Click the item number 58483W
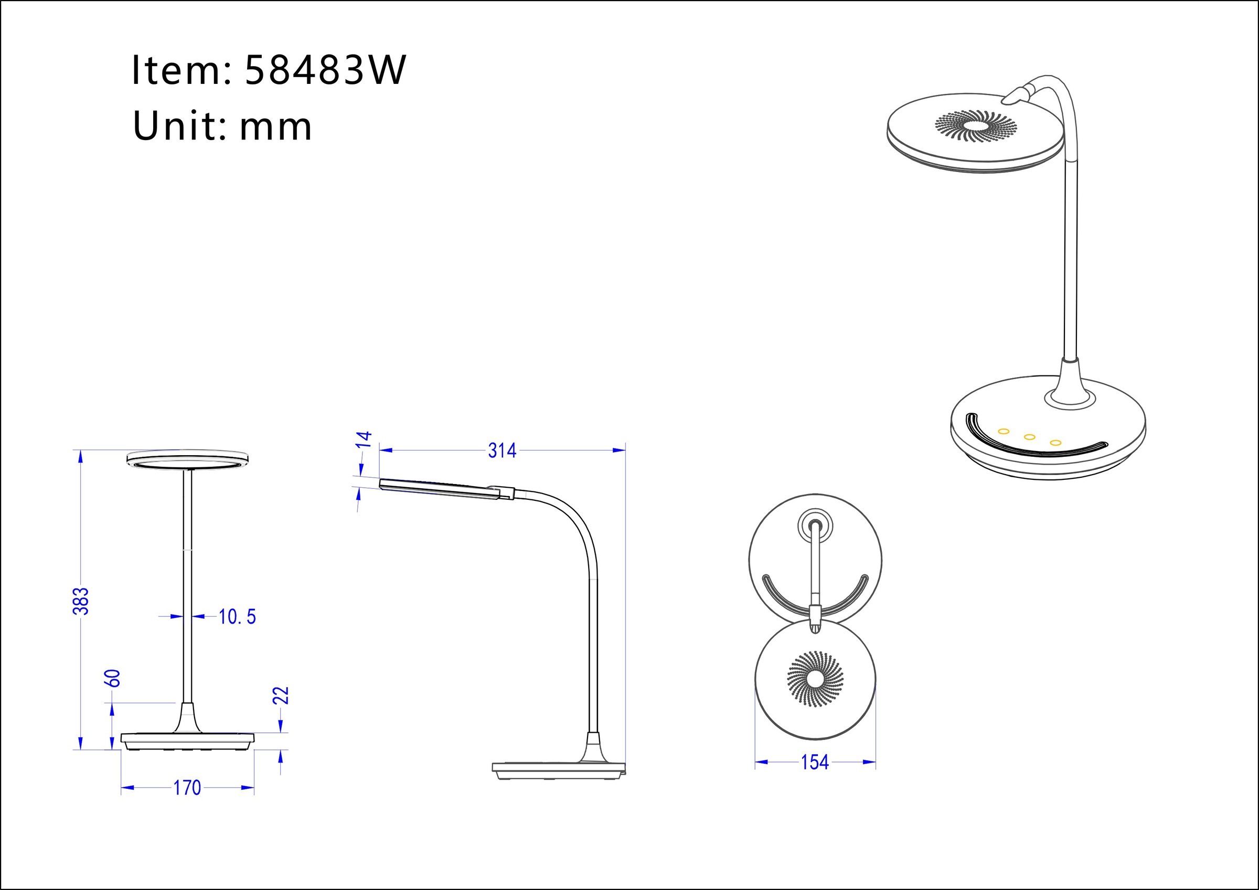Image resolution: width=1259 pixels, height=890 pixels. tap(325, 70)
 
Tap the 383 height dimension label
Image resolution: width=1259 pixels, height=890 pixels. tap(81, 601)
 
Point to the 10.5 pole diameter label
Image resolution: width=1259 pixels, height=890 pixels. tap(237, 617)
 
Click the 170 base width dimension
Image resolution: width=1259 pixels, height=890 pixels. tap(187, 788)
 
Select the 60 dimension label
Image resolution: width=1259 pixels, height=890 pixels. tap(112, 678)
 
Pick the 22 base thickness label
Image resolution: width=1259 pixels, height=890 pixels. tap(281, 695)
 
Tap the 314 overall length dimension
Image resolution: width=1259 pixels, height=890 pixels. tap(502, 451)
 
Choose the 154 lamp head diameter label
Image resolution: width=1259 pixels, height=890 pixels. tap(814, 762)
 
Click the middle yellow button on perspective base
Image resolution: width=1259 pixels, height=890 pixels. tap(1029, 437)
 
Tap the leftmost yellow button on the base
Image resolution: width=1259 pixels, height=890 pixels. tap(1004, 432)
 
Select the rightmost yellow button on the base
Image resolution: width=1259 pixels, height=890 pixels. tap(1055, 443)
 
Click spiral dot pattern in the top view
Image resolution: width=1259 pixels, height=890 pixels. tap(815, 679)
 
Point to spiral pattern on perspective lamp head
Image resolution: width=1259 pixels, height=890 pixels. tap(976, 125)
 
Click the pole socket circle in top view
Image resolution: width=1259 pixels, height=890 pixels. tap(815, 526)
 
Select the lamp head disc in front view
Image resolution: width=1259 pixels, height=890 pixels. tap(187, 459)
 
